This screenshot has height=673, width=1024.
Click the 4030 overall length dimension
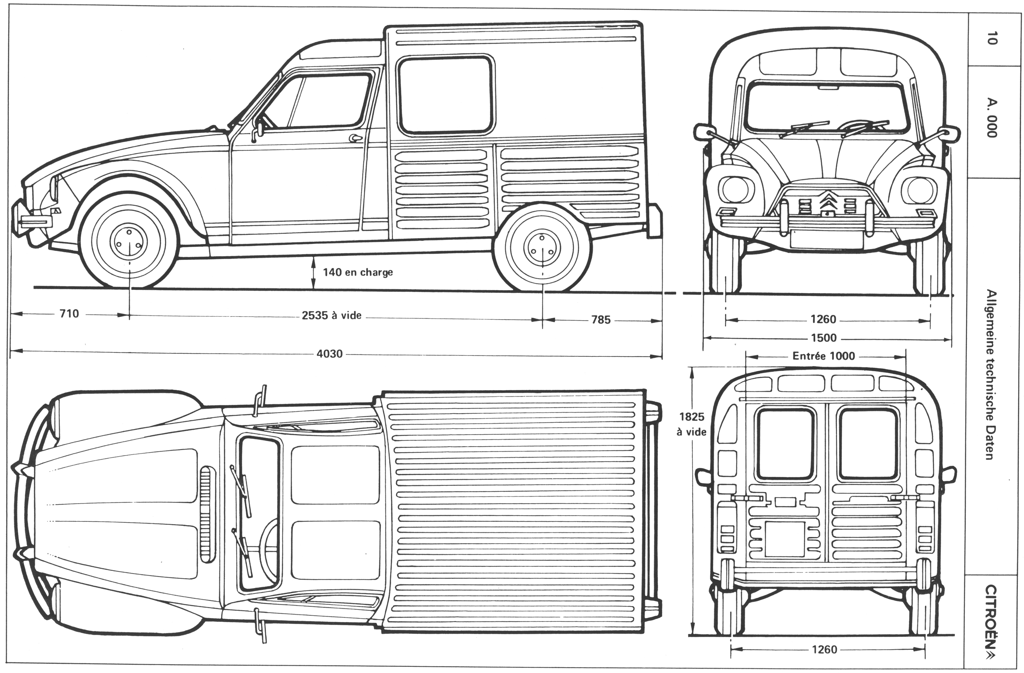(x=330, y=354)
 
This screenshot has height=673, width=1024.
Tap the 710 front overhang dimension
(x=69, y=314)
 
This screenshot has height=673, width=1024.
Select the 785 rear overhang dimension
(x=601, y=320)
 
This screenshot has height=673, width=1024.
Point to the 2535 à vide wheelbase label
(x=331, y=316)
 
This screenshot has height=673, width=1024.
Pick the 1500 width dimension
(x=824, y=338)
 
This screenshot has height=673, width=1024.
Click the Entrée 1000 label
(x=824, y=356)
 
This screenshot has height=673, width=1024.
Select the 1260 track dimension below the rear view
(x=824, y=649)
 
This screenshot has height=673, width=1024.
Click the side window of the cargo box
(x=445, y=96)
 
